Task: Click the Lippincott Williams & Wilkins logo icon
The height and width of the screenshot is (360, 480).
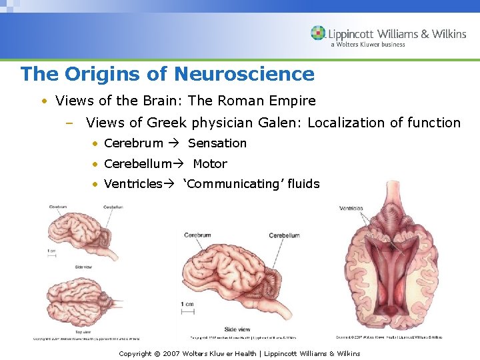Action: tap(318, 33)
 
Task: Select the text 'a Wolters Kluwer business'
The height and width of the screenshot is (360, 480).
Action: tap(377, 45)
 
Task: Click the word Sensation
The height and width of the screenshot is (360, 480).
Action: tap(217, 143)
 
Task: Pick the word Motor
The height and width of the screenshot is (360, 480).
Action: tap(210, 164)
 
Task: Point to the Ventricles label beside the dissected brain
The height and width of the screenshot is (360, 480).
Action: tap(351, 208)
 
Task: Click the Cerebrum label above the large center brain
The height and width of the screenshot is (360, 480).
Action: tap(197, 235)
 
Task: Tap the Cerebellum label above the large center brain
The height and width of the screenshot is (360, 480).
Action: tap(284, 235)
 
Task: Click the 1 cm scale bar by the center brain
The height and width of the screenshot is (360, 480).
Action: tap(189, 311)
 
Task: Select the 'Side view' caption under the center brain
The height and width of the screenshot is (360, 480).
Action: tap(238, 329)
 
